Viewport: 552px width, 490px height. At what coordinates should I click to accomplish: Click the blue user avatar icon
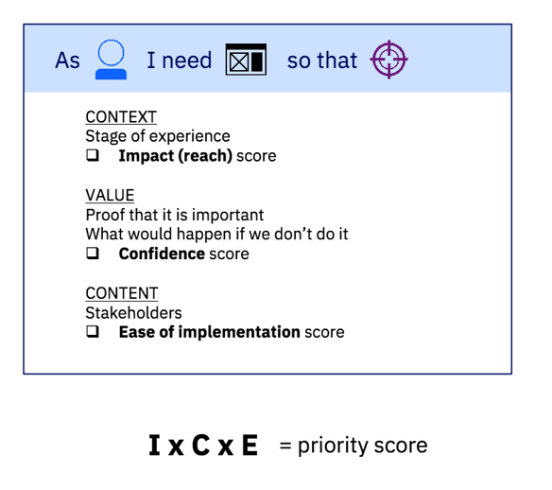[111, 60]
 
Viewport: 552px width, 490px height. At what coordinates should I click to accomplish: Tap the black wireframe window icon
[246, 60]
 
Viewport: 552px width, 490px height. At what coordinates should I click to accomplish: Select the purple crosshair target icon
[389, 60]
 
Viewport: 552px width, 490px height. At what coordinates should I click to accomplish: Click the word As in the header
[68, 61]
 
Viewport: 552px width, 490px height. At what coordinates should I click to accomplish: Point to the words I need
[180, 60]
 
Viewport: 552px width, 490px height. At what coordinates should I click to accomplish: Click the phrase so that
[322, 61]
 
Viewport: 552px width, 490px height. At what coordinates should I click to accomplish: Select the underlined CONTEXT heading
[121, 117]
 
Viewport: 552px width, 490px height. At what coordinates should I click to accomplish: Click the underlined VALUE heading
[110, 195]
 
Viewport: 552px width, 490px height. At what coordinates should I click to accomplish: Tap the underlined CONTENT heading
[122, 293]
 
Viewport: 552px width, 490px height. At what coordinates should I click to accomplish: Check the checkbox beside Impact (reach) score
[93, 155]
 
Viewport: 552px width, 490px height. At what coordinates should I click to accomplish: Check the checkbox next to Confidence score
[93, 253]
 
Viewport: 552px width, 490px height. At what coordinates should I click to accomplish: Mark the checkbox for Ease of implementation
[93, 331]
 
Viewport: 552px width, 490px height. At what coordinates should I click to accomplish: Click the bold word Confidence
[162, 254]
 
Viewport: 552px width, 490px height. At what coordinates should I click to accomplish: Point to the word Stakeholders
[134, 313]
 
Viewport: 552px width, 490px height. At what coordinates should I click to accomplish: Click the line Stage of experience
[158, 136]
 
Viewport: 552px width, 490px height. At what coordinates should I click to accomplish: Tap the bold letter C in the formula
[201, 446]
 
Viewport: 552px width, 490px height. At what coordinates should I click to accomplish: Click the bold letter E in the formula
[250, 446]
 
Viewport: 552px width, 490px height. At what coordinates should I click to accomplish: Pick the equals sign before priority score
[285, 446]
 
